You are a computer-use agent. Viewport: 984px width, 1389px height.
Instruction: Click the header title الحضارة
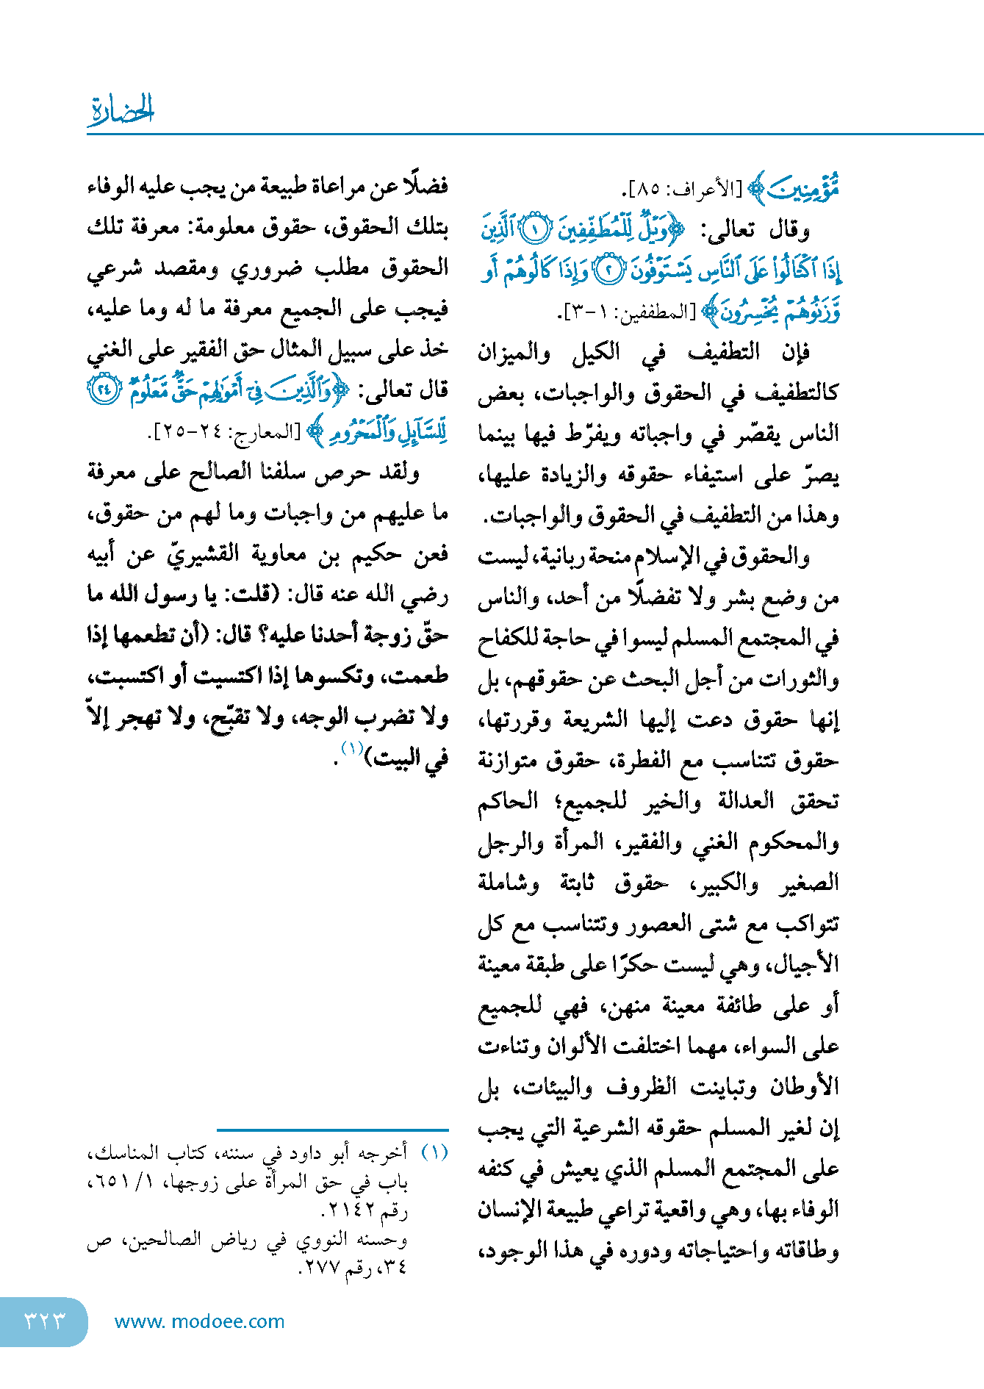click(x=121, y=110)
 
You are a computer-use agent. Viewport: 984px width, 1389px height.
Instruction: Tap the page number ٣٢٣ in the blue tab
click(x=45, y=1321)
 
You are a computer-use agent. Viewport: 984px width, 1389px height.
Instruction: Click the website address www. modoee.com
click(x=200, y=1321)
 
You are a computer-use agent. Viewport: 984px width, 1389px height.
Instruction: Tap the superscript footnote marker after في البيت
click(x=351, y=749)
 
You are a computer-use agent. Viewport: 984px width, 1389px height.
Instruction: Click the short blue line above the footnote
click(x=332, y=1130)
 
